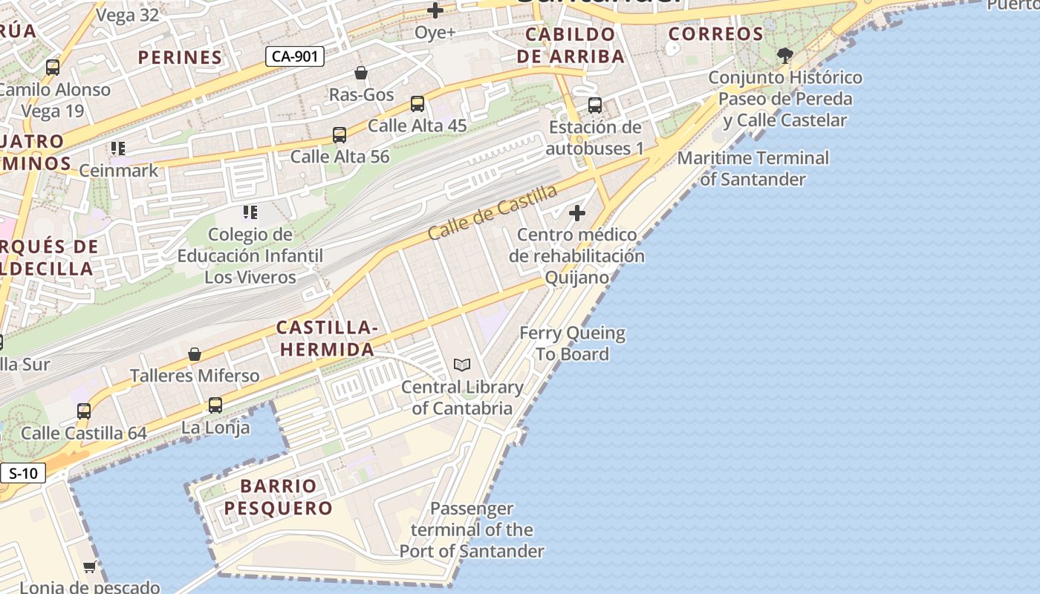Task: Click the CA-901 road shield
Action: tap(296, 56)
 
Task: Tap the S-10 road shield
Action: tap(23, 473)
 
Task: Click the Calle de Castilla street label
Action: tap(493, 212)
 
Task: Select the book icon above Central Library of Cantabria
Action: tap(462, 365)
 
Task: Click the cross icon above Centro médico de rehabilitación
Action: tap(577, 214)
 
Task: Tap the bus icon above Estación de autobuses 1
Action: tap(595, 105)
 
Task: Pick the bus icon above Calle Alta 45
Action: tap(417, 104)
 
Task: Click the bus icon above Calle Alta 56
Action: tap(339, 135)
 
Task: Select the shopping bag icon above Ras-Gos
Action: tap(361, 73)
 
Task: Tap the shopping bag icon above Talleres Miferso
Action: tap(195, 354)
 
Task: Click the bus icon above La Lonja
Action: tap(215, 405)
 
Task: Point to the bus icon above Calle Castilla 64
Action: tap(84, 411)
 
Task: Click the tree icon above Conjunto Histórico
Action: tap(784, 55)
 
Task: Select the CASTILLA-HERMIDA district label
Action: tap(327, 338)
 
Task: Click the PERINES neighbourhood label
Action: tap(181, 57)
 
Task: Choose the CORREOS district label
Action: tap(716, 34)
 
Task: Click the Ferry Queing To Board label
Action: tap(572, 344)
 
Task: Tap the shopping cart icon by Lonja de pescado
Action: tap(90, 567)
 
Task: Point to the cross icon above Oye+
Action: tap(435, 10)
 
